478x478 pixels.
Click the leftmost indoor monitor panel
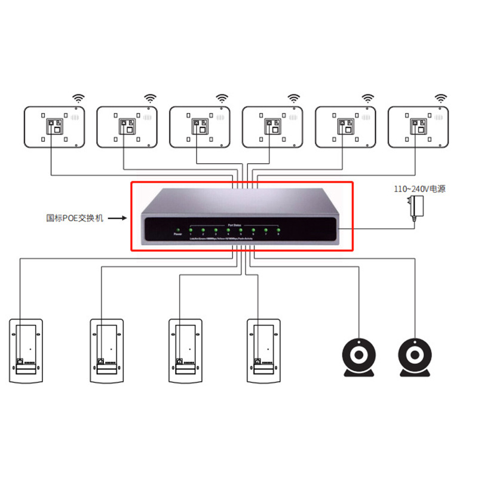tap(54, 127)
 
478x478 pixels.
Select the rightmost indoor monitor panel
tap(418, 127)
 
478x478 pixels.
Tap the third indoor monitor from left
tap(200, 127)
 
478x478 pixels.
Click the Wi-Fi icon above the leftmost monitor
tap(78, 98)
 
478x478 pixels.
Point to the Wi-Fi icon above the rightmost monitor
tap(441, 98)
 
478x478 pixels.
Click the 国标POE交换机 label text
tap(75, 218)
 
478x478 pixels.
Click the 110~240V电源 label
tap(419, 189)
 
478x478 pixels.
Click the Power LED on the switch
tap(177, 229)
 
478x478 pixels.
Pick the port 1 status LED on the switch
tap(191, 229)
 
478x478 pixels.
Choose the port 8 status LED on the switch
tap(278, 229)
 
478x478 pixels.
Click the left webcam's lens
tap(359, 356)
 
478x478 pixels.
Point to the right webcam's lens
tap(413, 356)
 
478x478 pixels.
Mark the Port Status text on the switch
tap(234, 225)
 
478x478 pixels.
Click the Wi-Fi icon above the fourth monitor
tap(295, 98)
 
